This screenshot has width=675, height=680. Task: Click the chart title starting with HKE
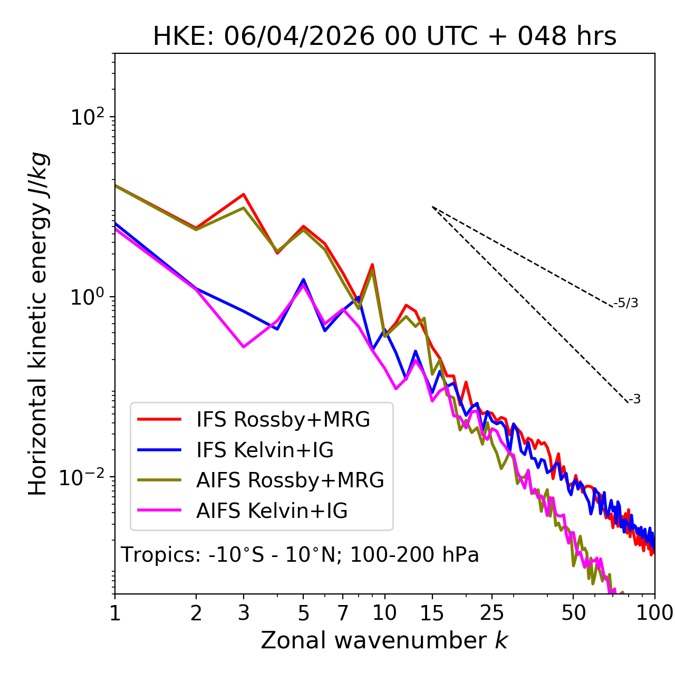[384, 36]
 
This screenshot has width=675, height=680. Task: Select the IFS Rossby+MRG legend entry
[254, 420]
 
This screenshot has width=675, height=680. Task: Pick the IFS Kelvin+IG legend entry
[235, 450]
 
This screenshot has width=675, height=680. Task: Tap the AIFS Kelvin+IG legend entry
[243, 511]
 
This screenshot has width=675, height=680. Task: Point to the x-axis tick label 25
[491, 613]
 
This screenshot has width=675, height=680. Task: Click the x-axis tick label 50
[573, 613]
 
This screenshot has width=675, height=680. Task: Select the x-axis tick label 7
[343, 613]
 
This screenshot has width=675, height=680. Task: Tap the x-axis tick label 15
[432, 613]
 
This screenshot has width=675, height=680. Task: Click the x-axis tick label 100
[654, 613]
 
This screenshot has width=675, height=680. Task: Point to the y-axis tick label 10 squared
[88, 116]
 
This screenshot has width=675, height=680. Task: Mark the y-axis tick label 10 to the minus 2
[82, 478]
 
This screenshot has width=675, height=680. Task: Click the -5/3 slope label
[625, 303]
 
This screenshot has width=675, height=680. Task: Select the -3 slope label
[634, 400]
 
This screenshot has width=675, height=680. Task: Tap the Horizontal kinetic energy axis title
[38, 324]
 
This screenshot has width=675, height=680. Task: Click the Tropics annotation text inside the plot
[300, 554]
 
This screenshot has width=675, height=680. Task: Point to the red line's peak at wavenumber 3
[244, 194]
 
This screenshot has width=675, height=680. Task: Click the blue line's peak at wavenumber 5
[303, 279]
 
